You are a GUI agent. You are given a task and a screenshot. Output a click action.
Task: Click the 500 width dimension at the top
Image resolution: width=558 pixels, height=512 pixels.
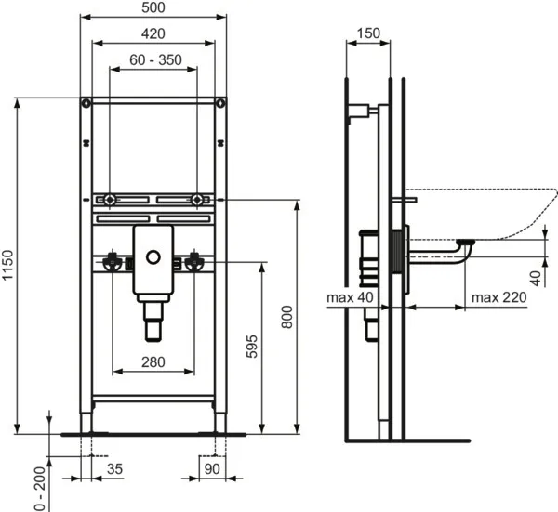click(153, 8)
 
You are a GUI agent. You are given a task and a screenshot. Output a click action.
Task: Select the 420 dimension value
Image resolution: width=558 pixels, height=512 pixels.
click(153, 33)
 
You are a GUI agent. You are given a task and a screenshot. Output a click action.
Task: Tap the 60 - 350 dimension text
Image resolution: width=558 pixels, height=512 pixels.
click(154, 60)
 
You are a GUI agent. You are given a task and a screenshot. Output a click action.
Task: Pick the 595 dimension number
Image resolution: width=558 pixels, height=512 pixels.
click(250, 347)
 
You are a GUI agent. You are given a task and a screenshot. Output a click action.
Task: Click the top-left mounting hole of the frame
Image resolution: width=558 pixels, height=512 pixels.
click(86, 103)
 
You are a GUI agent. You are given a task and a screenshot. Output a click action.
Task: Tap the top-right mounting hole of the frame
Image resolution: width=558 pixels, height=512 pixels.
click(220, 103)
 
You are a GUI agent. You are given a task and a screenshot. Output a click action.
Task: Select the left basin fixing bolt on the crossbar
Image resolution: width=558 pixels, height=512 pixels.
click(109, 200)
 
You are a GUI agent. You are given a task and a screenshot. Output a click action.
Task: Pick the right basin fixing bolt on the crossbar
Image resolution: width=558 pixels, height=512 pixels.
click(198, 200)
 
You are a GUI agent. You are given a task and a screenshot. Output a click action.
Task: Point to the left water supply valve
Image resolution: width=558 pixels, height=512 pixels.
click(113, 263)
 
